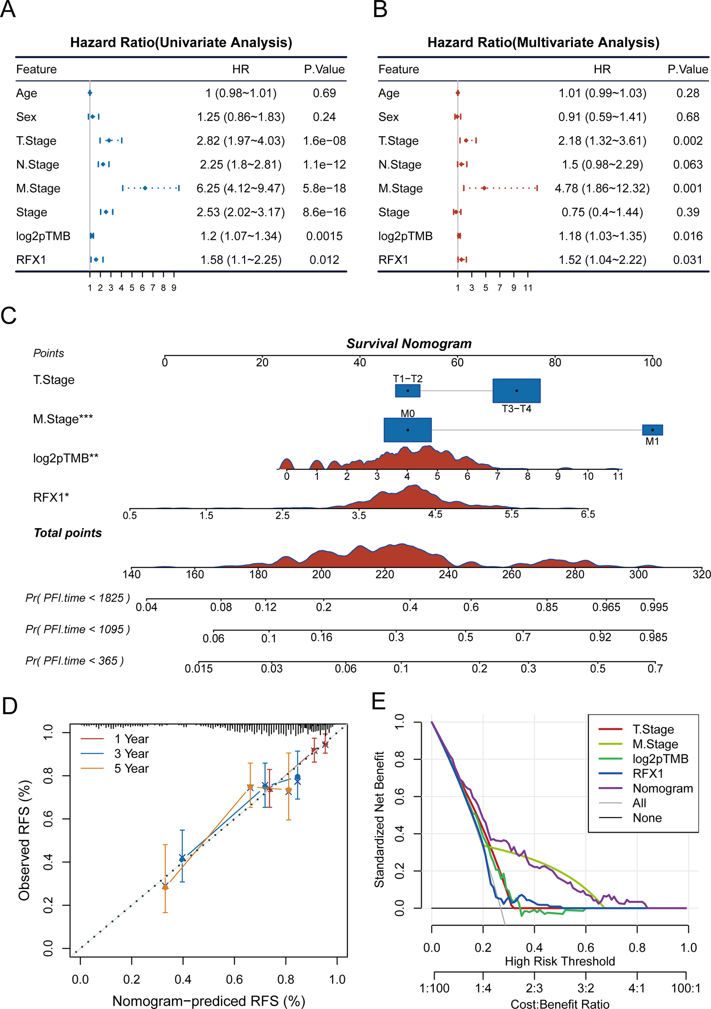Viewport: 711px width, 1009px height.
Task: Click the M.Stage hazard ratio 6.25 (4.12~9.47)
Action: click(x=240, y=189)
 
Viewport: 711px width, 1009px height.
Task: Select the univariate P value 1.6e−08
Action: click(x=324, y=141)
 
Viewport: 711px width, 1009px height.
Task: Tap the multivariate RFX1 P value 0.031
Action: click(x=688, y=260)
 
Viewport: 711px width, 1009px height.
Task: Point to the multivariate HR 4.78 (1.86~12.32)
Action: click(x=602, y=189)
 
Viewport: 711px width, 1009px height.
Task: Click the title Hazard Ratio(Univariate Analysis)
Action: click(x=181, y=43)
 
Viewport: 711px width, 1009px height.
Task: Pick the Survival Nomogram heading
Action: click(x=409, y=344)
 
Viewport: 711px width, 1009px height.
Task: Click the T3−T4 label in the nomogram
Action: click(x=516, y=409)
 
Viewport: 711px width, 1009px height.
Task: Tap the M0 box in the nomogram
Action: click(x=407, y=430)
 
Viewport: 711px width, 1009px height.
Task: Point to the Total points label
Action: click(x=68, y=533)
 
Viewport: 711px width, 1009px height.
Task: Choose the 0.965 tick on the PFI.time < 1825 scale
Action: click(x=606, y=607)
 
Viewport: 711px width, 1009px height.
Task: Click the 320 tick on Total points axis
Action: click(x=701, y=574)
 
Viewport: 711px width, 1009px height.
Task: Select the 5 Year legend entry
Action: click(x=131, y=769)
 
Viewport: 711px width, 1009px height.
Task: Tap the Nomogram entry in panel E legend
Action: click(x=663, y=788)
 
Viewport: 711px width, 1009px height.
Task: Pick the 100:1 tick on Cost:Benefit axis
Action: click(x=686, y=988)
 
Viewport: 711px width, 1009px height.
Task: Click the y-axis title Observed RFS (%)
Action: click(x=25, y=840)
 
